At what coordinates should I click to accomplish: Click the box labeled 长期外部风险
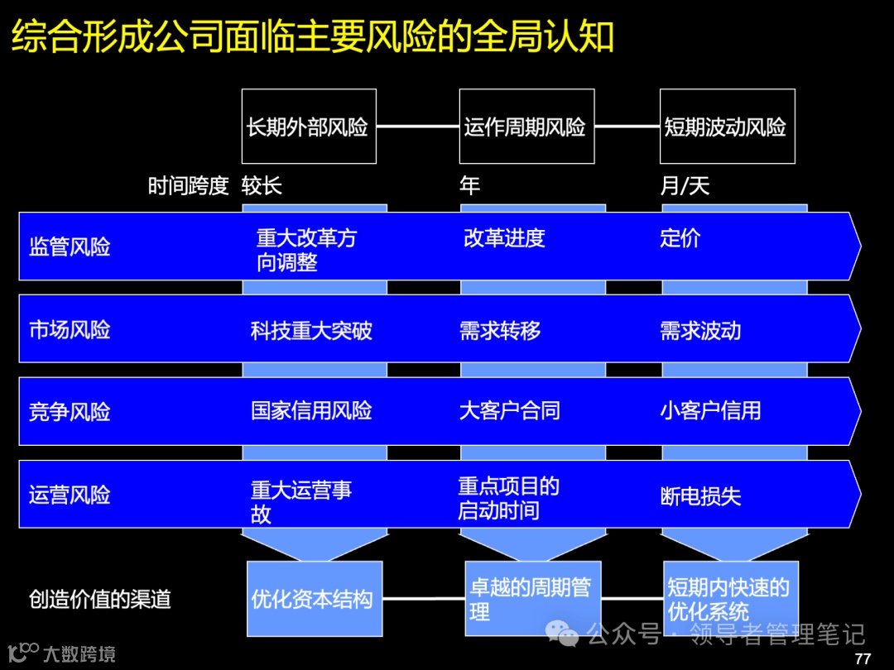[309, 127]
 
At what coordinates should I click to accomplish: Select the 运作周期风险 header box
[526, 127]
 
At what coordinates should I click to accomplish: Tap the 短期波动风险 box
[727, 127]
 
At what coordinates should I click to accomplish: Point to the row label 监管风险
[70, 247]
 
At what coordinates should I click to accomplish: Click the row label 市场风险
[70, 330]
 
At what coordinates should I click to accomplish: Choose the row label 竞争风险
[70, 412]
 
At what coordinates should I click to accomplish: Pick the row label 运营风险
[70, 495]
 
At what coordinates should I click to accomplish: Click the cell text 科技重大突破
[311, 331]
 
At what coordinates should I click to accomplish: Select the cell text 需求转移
[500, 331]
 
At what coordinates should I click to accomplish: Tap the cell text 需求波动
[700, 331]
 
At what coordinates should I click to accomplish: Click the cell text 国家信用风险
[311, 410]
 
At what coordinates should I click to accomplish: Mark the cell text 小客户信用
[710, 410]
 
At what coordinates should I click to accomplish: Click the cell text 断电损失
[700, 496]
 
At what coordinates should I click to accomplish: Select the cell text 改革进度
[504, 238]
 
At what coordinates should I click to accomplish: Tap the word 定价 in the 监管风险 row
[680, 238]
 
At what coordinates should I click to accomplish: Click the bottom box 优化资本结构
[315, 599]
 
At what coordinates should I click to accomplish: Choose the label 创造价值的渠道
[100, 599]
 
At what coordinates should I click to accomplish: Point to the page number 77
[863, 658]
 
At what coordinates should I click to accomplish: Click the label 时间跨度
[188, 186]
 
